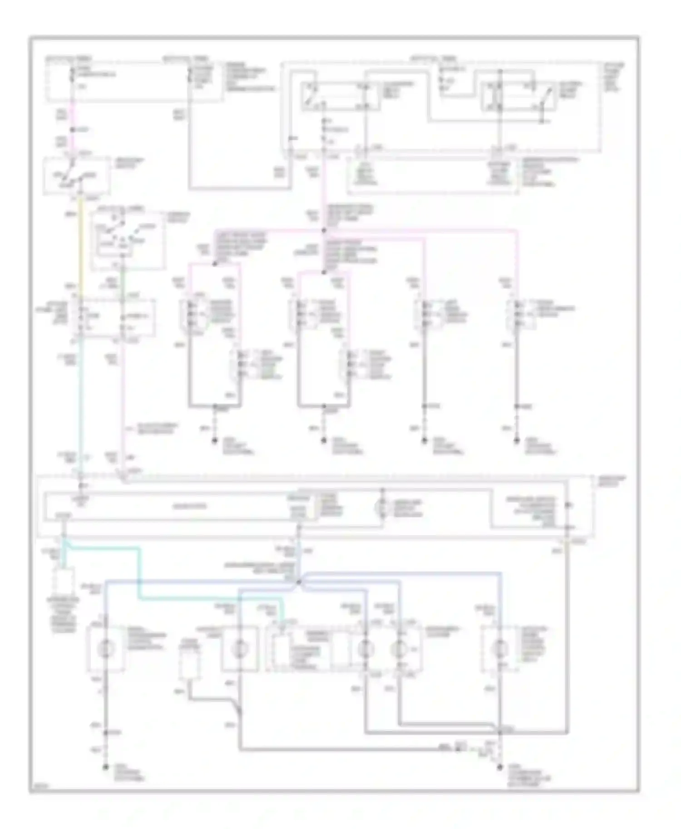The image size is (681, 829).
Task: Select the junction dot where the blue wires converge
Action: (299, 582)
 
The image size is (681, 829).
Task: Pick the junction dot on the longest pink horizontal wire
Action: (324, 231)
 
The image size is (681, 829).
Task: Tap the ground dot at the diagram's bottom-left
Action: (105, 767)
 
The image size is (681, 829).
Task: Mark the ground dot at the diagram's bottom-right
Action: (499, 767)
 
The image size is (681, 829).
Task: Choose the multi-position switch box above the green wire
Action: (127, 239)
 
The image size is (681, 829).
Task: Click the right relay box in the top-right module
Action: (518, 96)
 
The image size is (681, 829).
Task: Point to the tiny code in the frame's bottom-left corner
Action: (36, 787)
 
